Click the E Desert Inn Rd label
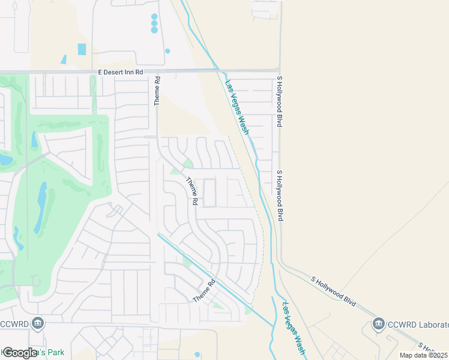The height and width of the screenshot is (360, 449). click(x=121, y=72)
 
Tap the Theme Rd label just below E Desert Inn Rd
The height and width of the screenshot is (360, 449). click(x=157, y=91)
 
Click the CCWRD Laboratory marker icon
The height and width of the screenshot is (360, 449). click(x=379, y=324)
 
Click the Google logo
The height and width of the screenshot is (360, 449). click(x=20, y=353)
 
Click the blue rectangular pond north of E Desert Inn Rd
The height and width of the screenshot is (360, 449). click(x=82, y=49)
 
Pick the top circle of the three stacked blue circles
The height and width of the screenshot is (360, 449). click(x=154, y=17)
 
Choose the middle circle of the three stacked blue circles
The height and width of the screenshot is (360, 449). click(x=154, y=23)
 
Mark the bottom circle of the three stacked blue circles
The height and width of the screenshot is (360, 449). click(x=154, y=30)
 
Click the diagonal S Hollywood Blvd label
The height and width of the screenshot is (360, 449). click(x=334, y=289)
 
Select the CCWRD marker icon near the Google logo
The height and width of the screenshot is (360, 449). click(x=38, y=324)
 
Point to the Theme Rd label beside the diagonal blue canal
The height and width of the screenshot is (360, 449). click(x=203, y=292)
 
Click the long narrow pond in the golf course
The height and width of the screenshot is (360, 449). click(x=41, y=206)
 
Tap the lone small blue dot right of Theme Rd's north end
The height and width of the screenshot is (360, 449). click(x=167, y=51)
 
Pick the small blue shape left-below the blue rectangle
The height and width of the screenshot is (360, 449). click(x=63, y=59)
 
